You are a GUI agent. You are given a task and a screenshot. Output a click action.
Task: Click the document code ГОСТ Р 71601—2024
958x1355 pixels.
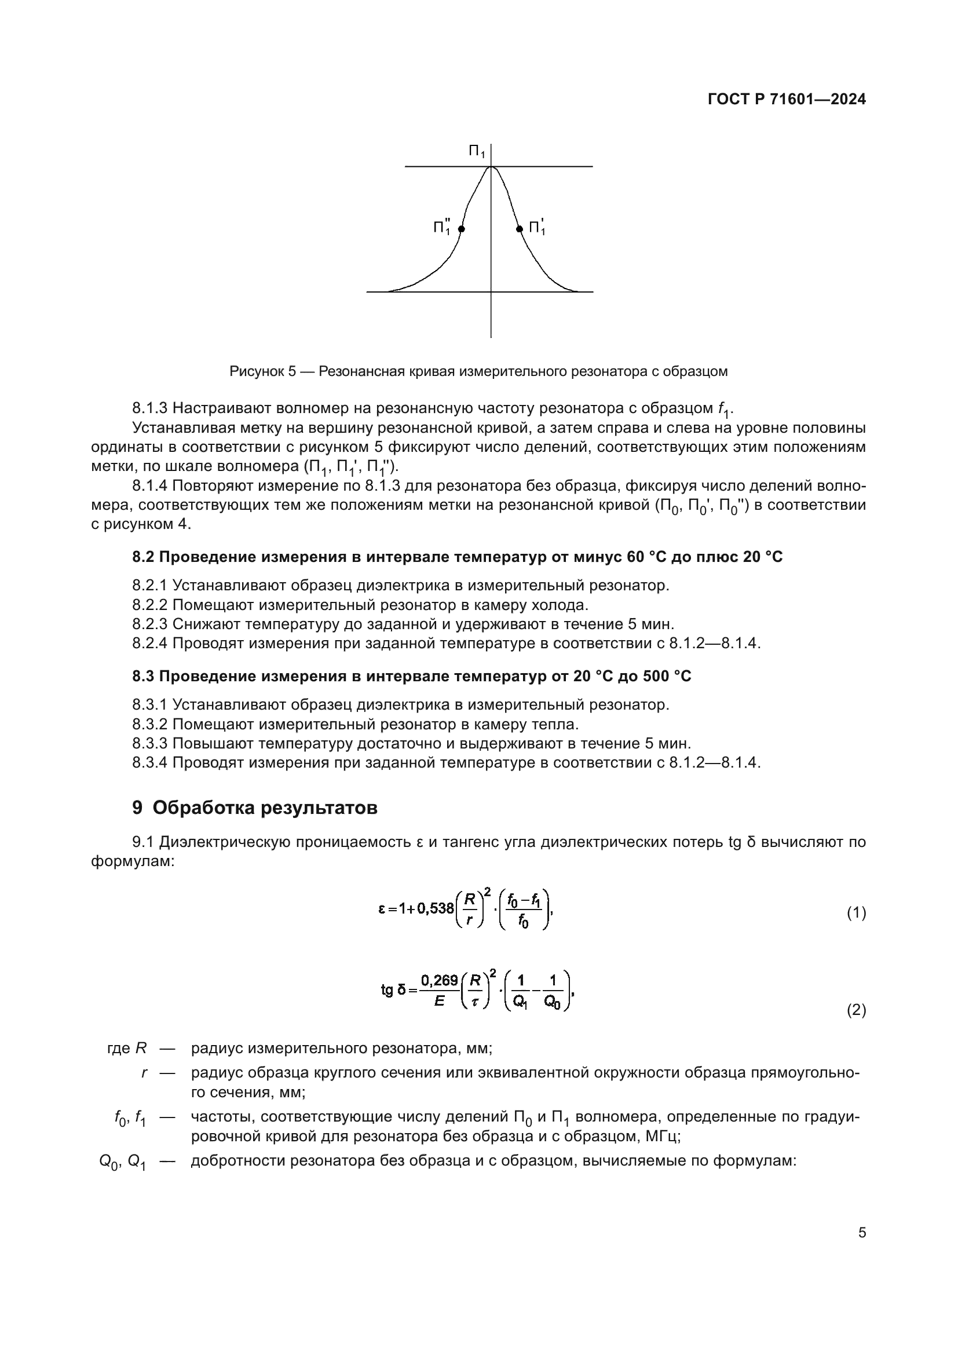[787, 99]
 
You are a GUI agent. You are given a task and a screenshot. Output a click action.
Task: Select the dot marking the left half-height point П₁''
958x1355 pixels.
[462, 229]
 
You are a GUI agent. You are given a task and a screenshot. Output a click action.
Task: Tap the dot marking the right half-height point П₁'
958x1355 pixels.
[520, 229]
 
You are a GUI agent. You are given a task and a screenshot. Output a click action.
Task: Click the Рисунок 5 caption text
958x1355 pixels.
[478, 371]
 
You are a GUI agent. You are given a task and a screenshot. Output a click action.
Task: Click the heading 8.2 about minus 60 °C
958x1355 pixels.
[457, 557]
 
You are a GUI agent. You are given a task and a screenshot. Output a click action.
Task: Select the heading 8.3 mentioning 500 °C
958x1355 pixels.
[411, 675]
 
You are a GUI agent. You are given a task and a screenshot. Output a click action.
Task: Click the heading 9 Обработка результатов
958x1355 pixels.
[255, 808]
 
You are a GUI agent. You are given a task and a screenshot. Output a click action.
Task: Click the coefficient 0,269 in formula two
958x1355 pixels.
[440, 980]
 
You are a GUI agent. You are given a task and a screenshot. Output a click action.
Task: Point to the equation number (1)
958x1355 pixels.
[856, 913]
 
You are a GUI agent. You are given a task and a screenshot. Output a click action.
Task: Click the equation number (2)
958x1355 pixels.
[856, 1010]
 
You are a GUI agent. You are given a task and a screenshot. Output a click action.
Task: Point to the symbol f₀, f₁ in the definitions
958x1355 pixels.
[130, 1117]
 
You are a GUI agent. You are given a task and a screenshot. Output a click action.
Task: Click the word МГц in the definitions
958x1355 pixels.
[660, 1136]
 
